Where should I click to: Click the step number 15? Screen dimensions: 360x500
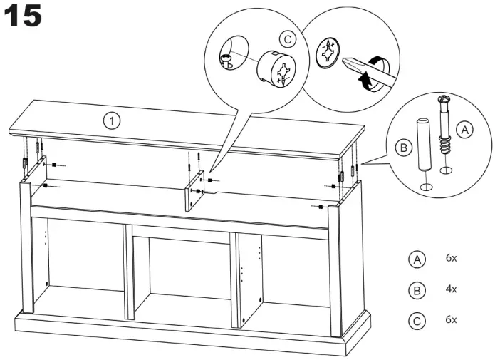[24, 16]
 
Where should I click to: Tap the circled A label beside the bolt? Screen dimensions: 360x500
[464, 130]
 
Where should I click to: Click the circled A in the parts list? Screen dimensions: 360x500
[417, 259]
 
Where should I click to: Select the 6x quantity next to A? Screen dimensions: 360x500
[451, 258]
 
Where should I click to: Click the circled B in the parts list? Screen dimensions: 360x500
[417, 289]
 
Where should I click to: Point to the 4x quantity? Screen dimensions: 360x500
[451, 289]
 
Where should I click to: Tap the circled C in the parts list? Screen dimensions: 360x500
[417, 320]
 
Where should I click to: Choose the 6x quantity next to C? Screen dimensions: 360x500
[451, 319]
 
